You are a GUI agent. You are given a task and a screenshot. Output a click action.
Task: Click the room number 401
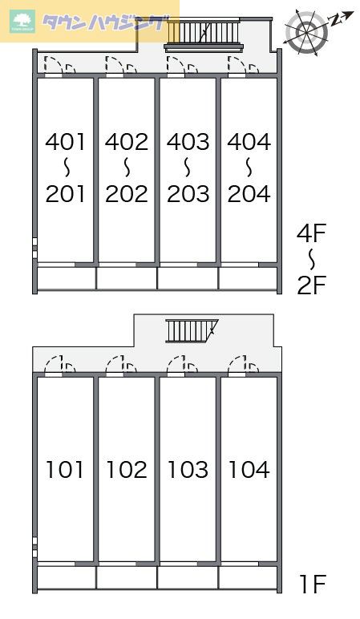[65, 142]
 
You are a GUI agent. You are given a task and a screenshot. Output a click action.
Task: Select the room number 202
[127, 194]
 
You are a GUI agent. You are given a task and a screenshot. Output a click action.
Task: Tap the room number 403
[188, 142]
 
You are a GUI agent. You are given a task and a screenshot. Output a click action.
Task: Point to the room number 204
[249, 194]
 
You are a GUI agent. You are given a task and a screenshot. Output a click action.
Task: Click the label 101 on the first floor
[65, 470]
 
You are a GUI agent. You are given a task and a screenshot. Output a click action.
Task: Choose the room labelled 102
[127, 470]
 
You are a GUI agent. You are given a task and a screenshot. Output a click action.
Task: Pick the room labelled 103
[188, 470]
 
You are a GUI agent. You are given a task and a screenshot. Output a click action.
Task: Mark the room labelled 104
[249, 470]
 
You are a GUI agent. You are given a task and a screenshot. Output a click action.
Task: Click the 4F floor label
[311, 233]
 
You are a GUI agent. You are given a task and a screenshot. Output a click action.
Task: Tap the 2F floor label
[311, 285]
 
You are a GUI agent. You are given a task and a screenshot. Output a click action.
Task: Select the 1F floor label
[313, 585]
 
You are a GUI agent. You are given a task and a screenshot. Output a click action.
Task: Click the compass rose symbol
[307, 32]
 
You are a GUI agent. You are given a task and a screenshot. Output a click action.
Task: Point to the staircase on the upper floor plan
[204, 34]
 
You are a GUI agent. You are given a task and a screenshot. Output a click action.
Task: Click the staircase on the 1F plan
[192, 330]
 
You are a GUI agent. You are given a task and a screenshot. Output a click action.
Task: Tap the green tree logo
[23, 21]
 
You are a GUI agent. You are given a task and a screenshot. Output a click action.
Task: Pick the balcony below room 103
[188, 578]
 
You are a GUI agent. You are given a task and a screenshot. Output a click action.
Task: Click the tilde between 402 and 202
[127, 168]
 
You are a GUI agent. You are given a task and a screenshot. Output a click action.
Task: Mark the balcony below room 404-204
[249, 279]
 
